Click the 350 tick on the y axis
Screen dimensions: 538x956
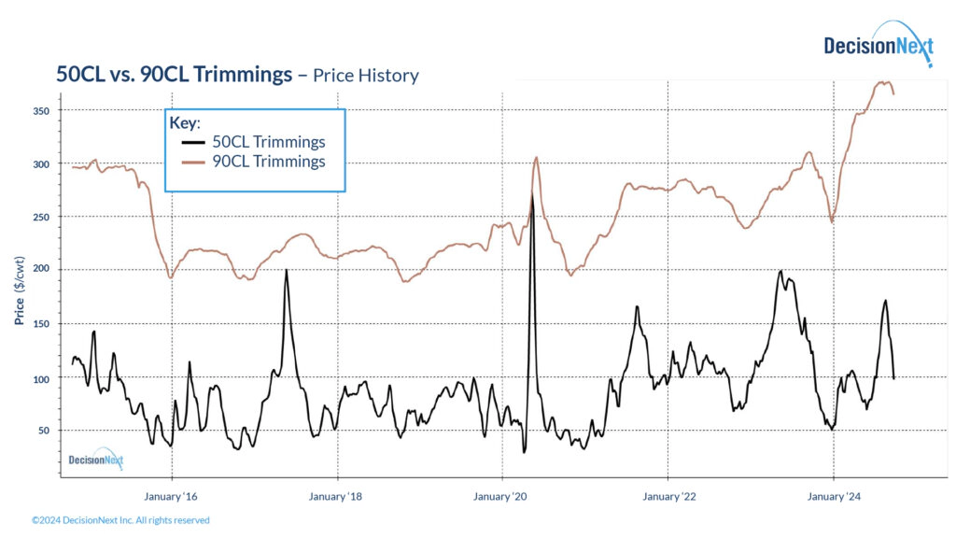42,111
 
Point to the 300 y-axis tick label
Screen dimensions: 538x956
42,164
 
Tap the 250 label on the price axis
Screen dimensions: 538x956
42,217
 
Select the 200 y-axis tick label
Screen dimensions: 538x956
42,270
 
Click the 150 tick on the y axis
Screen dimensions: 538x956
42,324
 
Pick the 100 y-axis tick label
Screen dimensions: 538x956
42,377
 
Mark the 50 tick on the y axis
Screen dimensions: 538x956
44,431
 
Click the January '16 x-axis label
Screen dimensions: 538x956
171,496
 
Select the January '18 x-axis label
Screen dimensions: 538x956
334,496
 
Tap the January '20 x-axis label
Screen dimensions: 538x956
502,496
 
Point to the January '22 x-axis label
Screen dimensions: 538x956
668,496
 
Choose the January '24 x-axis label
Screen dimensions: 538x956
834,496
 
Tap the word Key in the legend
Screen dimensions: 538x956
183,123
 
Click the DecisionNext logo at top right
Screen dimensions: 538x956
877,45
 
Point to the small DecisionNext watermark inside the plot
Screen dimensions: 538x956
95,459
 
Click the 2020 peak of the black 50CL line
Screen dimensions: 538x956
532,193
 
